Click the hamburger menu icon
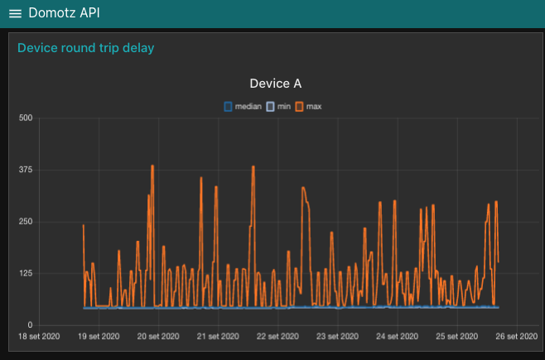pyautogui.click(x=15, y=14)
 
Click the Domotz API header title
pyautogui.click(x=64, y=13)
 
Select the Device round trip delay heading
pyautogui.click(x=85, y=48)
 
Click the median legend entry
pyautogui.click(x=243, y=107)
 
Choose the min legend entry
pyautogui.click(x=279, y=107)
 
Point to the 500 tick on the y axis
pyautogui.click(x=25, y=118)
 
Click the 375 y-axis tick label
pyautogui.click(x=25, y=170)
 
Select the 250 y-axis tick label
pyautogui.click(x=25, y=222)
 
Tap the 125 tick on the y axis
pyautogui.click(x=25, y=274)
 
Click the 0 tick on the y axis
pyautogui.click(x=30, y=325)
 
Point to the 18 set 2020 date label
pyautogui.click(x=38, y=337)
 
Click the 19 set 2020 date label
pyautogui.click(x=98, y=337)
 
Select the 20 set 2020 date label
pyautogui.click(x=157, y=337)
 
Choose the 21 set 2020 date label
pyautogui.click(x=217, y=337)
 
